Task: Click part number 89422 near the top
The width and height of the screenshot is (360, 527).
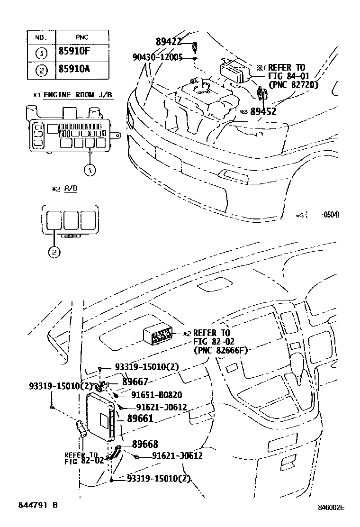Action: [169, 42]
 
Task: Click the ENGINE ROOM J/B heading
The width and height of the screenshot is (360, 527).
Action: [78, 95]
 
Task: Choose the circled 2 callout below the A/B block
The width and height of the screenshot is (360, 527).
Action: [54, 252]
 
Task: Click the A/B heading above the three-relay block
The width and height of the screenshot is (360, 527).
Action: [71, 188]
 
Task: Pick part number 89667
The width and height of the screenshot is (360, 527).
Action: [135, 381]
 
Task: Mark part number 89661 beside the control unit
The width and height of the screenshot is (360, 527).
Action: [140, 418]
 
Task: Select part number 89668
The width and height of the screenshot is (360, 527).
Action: [145, 444]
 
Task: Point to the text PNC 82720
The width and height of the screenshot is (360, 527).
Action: [293, 85]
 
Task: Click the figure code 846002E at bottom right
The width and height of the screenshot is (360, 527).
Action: [331, 507]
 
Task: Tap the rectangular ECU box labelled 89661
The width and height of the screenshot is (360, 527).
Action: [100, 417]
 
